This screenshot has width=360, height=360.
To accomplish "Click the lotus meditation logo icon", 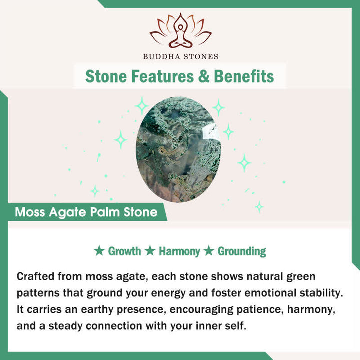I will pos(180,30).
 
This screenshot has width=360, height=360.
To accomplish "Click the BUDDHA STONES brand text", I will pos(180,56).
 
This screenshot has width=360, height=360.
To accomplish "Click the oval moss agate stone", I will pos(178,149).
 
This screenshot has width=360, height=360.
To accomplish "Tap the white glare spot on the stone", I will pos(209,132).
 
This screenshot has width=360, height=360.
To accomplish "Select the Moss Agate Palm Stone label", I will pos(86,212).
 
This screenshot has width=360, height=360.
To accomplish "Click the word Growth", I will pos(124,251).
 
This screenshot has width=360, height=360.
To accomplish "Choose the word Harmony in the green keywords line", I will pos(179,251).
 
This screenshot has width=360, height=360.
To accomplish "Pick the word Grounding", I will pos(242,251).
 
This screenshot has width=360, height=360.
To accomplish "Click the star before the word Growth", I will pos(99,250).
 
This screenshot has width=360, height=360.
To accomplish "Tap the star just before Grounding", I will pos(209,250).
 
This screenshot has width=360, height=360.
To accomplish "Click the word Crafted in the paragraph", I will pos(35,276).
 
